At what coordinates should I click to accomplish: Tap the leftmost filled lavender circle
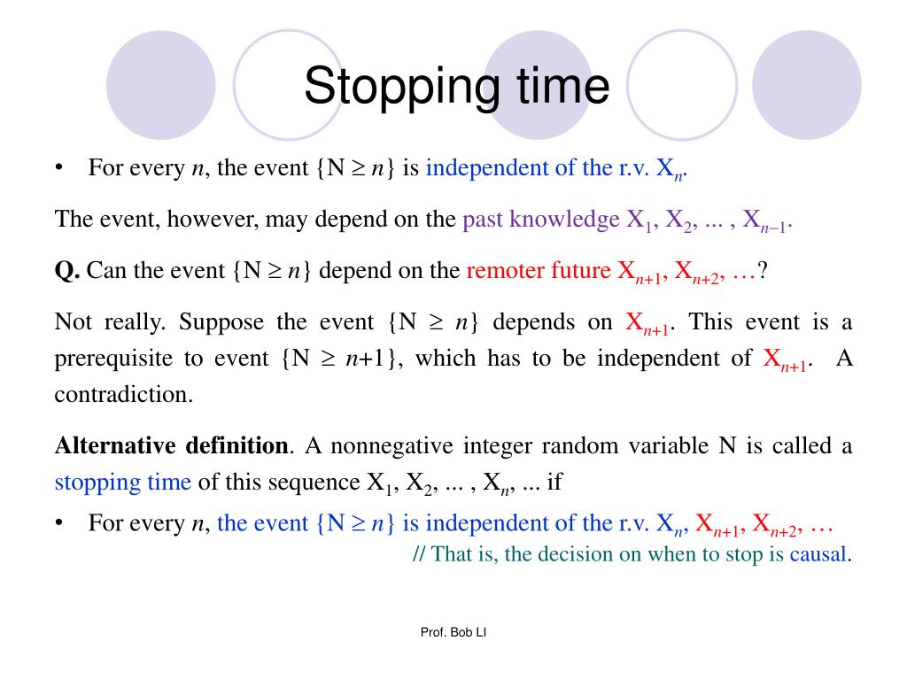(x=160, y=85)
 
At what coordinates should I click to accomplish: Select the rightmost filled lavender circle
(x=806, y=85)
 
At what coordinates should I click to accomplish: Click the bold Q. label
(x=67, y=270)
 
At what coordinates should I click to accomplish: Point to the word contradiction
(x=123, y=394)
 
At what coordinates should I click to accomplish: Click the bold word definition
(x=236, y=445)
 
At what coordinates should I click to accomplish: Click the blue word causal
(x=819, y=554)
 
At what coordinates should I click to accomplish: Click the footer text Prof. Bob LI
(x=453, y=632)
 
